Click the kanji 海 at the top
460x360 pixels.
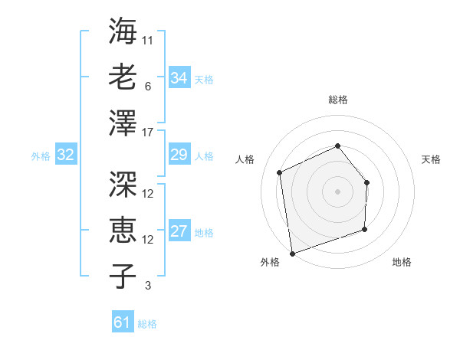[x=122, y=31]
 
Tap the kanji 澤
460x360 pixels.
[x=122, y=123]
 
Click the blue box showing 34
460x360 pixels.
[x=179, y=78]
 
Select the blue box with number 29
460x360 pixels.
[x=179, y=155]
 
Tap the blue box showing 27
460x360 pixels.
[x=179, y=232]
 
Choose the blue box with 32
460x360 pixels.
[x=65, y=155]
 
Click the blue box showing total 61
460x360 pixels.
[x=123, y=322]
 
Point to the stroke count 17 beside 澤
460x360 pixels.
[x=148, y=133]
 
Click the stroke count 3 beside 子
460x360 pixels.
[x=148, y=286]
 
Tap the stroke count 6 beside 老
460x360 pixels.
[x=148, y=87]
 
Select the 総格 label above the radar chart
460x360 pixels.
[x=338, y=100]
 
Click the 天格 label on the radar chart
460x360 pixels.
[x=431, y=159]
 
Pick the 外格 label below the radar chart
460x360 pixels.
[x=270, y=262]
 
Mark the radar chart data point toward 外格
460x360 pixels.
[x=292, y=252]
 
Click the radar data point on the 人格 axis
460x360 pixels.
[x=280, y=172]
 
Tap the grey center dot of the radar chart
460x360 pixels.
[x=338, y=191]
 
